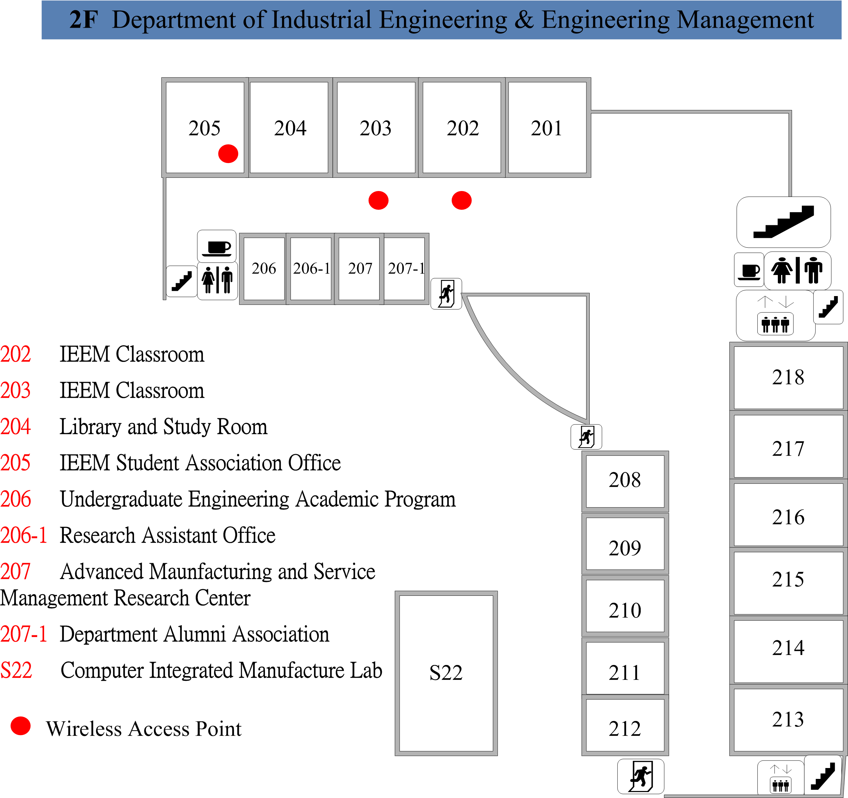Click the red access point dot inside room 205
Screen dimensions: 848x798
click(x=228, y=153)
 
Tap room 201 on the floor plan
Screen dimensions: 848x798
click(x=548, y=127)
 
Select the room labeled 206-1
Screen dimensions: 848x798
click(x=311, y=269)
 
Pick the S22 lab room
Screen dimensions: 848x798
click(x=446, y=674)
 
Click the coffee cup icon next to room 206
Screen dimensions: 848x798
click(x=217, y=246)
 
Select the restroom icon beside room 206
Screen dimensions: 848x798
click(x=217, y=281)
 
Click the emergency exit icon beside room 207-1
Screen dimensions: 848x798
click(x=446, y=293)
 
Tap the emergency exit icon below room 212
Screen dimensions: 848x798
click(x=641, y=776)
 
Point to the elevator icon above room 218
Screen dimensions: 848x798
click(x=776, y=316)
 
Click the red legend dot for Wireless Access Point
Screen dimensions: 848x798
click(x=20, y=726)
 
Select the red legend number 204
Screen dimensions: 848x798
click(x=15, y=427)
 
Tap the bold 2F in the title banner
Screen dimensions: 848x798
click(x=84, y=20)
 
